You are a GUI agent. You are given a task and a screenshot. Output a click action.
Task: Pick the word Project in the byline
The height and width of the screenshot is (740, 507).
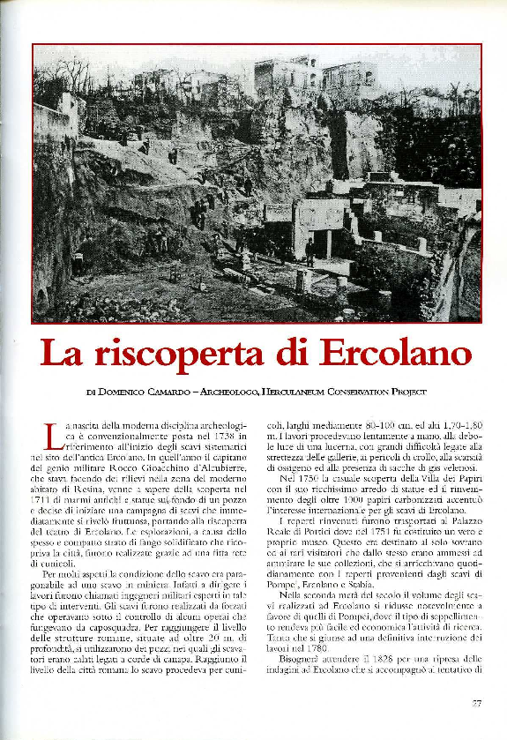point(406,392)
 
